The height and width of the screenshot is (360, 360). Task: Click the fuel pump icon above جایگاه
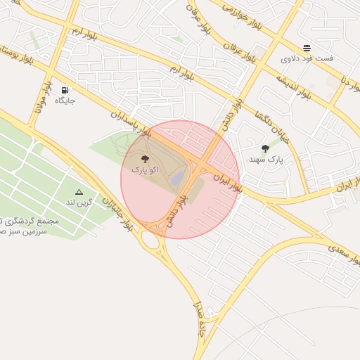[65, 90]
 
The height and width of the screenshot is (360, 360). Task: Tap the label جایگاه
[65, 101]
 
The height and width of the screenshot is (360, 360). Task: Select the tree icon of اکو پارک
[145, 160]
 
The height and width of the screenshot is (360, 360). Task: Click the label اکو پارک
[145, 170]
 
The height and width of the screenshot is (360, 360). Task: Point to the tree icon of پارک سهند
[265, 148]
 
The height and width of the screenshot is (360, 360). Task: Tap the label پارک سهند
[265, 160]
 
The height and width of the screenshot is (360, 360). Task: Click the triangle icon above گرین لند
[79, 191]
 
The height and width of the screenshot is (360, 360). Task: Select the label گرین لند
[79, 202]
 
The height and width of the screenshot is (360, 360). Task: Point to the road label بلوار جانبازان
[117, 212]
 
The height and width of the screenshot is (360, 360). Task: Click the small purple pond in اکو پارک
[179, 177]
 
